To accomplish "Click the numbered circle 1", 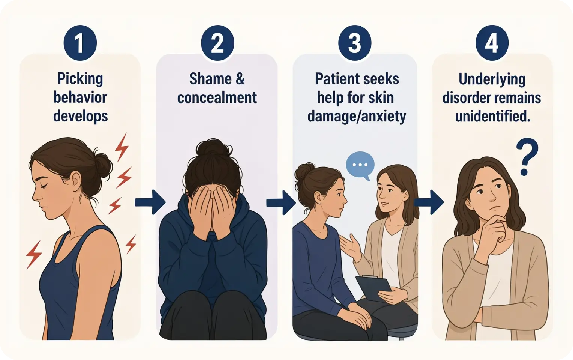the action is pyautogui.click(x=80, y=43).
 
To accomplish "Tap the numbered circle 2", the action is pyautogui.click(x=217, y=43).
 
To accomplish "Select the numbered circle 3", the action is pyautogui.click(x=355, y=43).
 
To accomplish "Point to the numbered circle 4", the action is pyautogui.click(x=492, y=43).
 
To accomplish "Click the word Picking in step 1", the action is pyautogui.click(x=80, y=79).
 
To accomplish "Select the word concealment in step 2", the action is pyautogui.click(x=217, y=98).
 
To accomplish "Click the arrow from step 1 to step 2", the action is pyautogui.click(x=150, y=202).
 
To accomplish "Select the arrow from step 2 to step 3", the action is pyautogui.click(x=281, y=202).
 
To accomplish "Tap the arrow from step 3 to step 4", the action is pyautogui.click(x=429, y=202).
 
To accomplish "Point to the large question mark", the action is pyautogui.click(x=527, y=157).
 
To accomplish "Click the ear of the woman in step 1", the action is pyautogui.click(x=76, y=180).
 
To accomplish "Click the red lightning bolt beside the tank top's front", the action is pyautogui.click(x=34, y=255).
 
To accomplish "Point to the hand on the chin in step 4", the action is pyautogui.click(x=492, y=229).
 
